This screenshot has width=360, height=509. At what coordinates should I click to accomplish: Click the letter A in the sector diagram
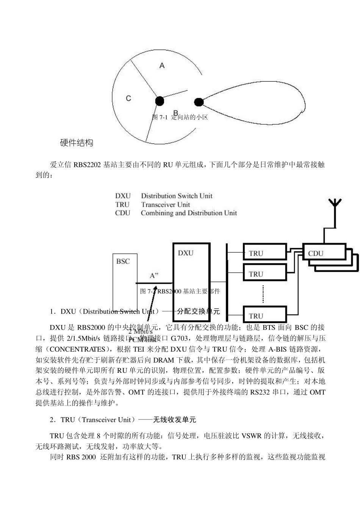(x=162, y=66)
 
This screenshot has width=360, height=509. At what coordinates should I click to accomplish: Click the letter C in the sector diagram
(x=128, y=98)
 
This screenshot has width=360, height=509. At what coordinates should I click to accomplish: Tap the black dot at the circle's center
(x=160, y=101)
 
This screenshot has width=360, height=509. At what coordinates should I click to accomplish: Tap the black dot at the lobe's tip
(x=199, y=102)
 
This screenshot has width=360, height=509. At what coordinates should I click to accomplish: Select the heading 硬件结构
(x=77, y=143)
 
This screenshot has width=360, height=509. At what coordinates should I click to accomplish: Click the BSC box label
(x=123, y=261)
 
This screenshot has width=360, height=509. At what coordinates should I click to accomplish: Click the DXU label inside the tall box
(x=186, y=253)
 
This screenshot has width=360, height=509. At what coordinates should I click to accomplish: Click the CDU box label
(x=316, y=253)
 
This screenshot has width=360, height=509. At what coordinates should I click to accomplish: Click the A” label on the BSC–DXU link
(x=154, y=276)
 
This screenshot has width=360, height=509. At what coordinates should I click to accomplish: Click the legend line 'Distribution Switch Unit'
(x=177, y=196)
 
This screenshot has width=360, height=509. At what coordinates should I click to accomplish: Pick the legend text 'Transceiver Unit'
(x=166, y=204)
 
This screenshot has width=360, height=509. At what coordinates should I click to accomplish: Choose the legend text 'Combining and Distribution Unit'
(x=189, y=213)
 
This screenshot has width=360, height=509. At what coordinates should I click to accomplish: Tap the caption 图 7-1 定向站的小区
(x=180, y=117)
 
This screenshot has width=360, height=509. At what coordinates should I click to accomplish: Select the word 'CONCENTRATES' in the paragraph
(x=77, y=349)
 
